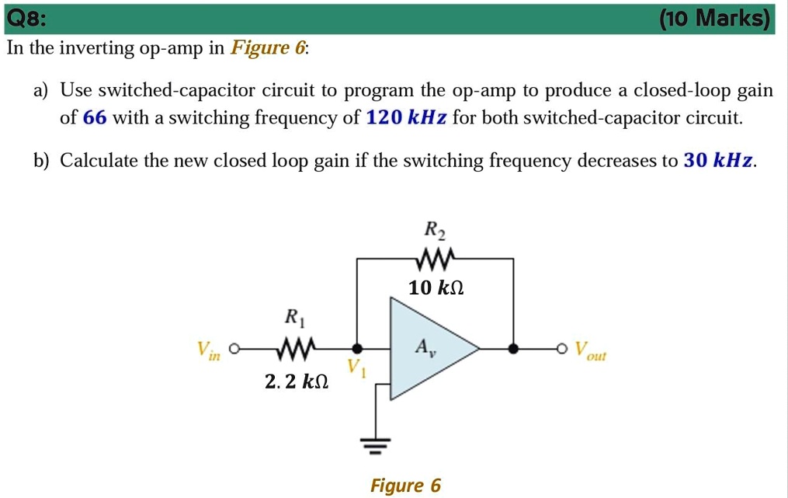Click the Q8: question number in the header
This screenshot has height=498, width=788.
[26, 17]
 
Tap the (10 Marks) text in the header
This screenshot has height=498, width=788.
[715, 17]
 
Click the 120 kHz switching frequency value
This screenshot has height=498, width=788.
[406, 118]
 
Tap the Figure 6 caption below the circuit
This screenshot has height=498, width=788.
[405, 486]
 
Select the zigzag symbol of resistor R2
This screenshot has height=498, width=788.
[435, 258]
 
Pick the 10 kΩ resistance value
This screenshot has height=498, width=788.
[436, 287]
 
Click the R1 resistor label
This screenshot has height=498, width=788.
[292, 317]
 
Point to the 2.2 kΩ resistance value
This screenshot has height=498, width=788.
[296, 381]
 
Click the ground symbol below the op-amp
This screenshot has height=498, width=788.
[377, 446]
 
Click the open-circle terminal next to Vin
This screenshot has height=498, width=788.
[233, 348]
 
